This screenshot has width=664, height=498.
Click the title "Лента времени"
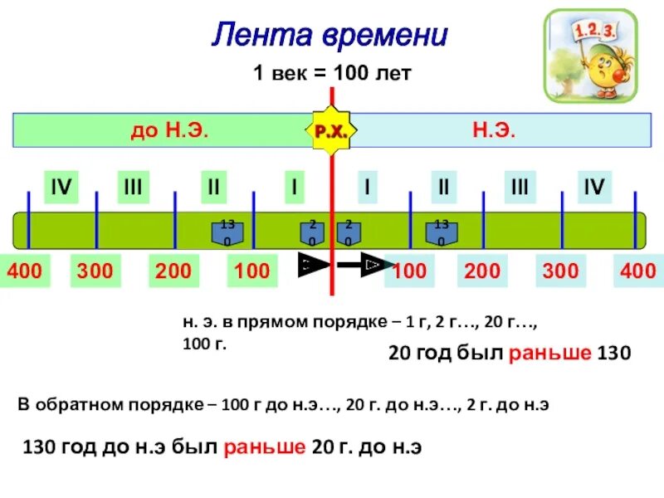(330, 35)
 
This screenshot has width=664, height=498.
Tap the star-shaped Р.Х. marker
(332, 131)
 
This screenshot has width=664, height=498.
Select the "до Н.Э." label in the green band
(169, 130)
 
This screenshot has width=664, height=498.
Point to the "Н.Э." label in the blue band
(495, 130)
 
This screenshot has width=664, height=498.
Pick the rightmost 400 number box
(637, 271)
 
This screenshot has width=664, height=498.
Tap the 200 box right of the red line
(482, 271)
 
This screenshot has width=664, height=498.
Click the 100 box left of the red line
(251, 271)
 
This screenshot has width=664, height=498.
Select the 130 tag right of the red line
(442, 232)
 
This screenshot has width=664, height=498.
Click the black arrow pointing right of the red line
(365, 265)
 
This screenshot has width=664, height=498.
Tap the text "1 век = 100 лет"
(332, 74)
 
